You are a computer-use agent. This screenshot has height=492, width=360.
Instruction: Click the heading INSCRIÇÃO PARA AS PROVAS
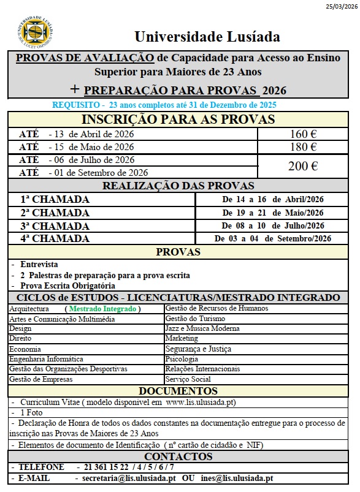pos(178,119)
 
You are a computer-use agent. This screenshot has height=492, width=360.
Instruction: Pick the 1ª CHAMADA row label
pos(55,199)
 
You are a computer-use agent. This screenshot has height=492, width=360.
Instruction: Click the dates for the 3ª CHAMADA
pos(272,226)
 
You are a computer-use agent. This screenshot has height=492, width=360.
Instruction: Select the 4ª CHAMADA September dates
pos(272,239)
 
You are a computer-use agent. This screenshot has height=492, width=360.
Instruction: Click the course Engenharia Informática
pos(46,359)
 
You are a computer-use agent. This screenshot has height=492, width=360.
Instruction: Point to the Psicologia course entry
pos(182,359)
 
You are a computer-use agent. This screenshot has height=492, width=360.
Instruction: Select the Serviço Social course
pos(187,379)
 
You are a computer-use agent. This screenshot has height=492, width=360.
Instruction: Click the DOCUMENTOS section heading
pos(178,391)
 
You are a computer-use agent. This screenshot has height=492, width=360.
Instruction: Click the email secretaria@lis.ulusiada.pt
pos(129,478)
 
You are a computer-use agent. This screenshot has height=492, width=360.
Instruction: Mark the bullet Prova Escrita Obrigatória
pos(67,286)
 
